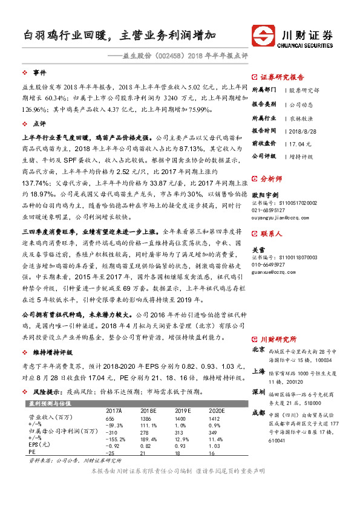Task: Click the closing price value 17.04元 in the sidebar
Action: tap(301, 143)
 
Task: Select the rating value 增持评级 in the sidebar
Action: tap(301, 156)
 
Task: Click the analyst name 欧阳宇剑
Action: tap(266, 195)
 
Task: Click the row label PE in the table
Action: tap(32, 453)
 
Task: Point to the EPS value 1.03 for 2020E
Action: tap(213, 447)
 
